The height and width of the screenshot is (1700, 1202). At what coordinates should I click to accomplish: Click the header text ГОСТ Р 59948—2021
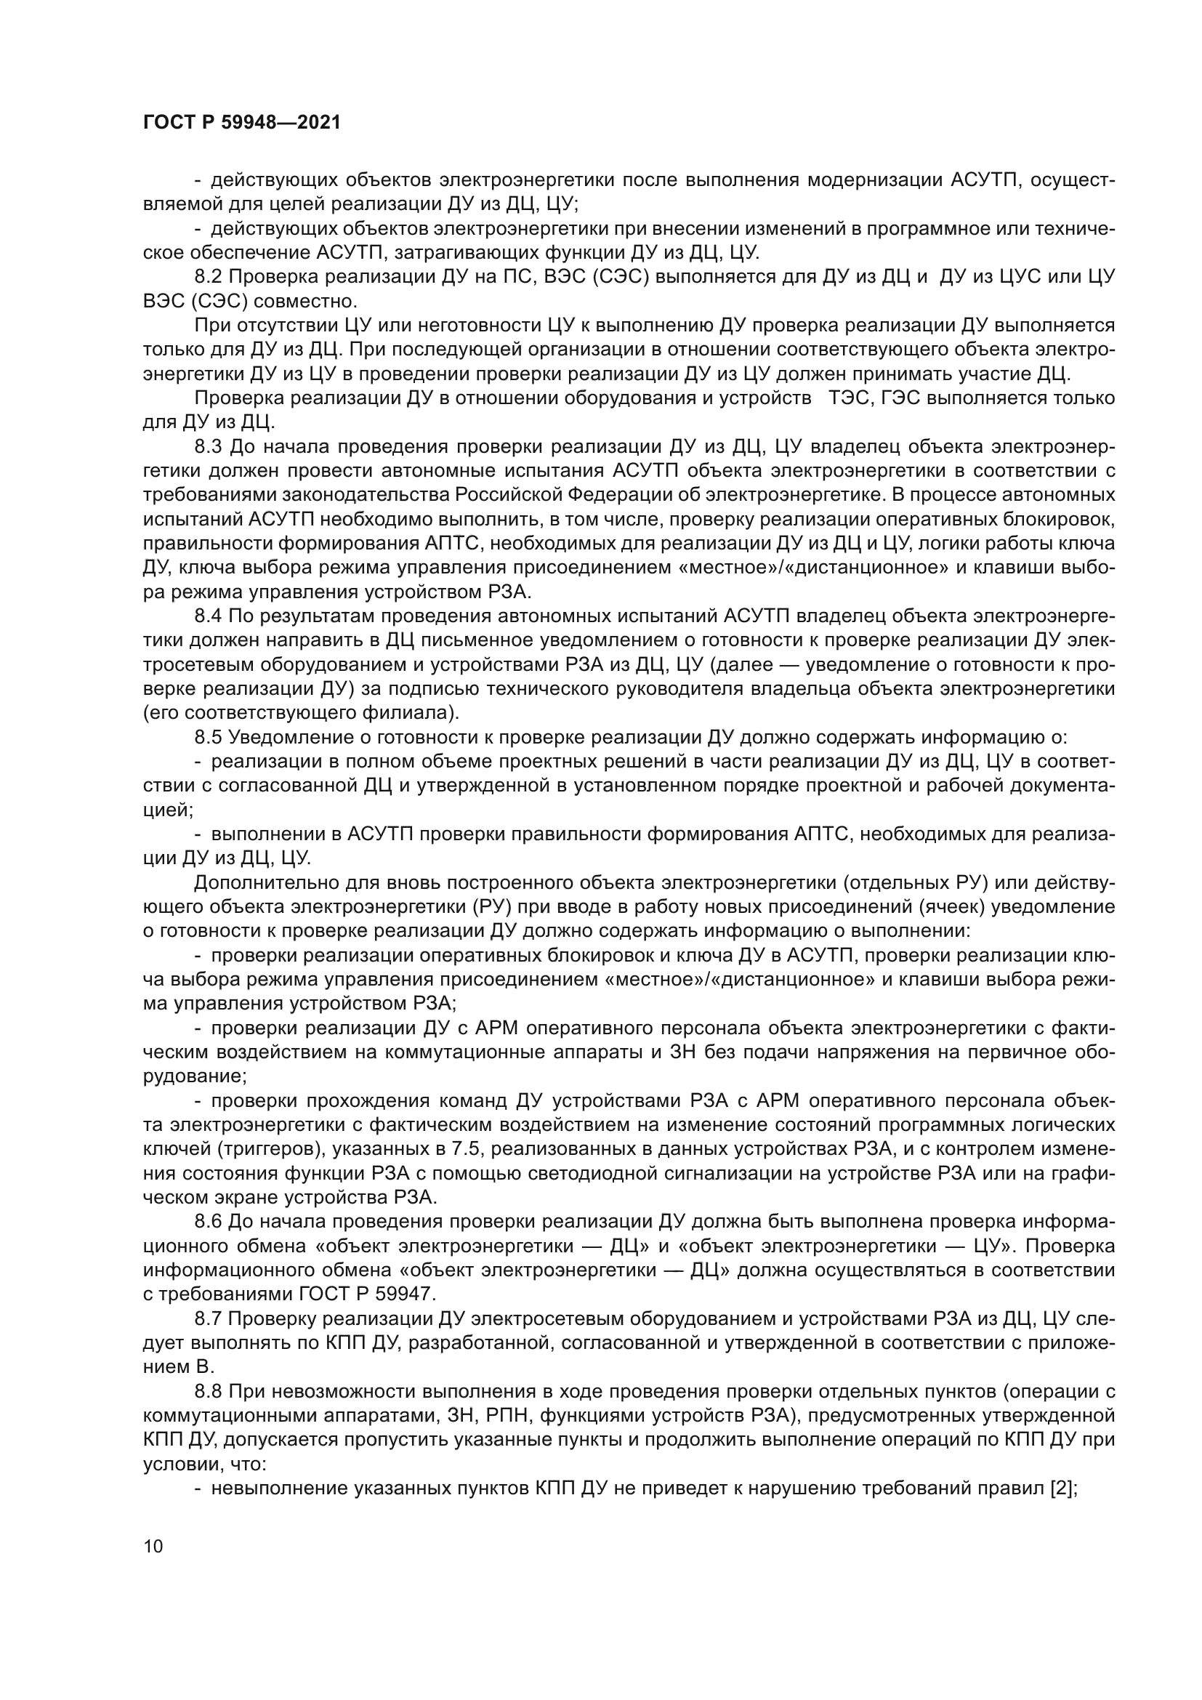pyautogui.click(x=241, y=123)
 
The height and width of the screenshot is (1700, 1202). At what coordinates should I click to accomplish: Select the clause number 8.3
pyautogui.click(x=210, y=446)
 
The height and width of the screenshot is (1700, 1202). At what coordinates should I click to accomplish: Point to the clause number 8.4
pyautogui.click(x=210, y=616)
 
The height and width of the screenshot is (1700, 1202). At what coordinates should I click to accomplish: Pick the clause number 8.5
pyautogui.click(x=210, y=737)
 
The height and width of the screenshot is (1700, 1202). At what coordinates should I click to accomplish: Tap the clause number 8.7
pyautogui.click(x=210, y=1318)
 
